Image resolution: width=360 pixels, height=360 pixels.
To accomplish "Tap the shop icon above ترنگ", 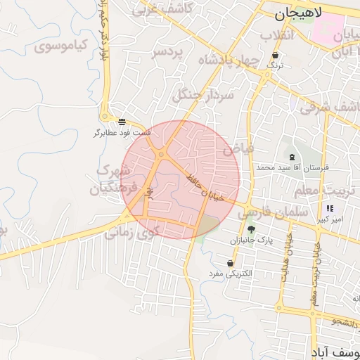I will tap(275, 55).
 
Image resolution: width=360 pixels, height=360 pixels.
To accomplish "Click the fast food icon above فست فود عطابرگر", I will tap(122, 122).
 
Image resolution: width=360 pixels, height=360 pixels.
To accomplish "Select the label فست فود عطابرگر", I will tap(122, 132).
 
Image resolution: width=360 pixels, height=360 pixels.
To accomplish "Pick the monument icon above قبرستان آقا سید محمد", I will tap(291, 156).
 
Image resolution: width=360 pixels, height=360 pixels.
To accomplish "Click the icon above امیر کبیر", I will tap(330, 208).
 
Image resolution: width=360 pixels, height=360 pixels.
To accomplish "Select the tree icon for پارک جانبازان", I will tap(251, 229).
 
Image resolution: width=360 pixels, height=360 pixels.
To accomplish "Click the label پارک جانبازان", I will tap(248, 240).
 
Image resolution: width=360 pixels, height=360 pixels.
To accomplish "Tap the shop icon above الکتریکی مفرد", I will tap(231, 263).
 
